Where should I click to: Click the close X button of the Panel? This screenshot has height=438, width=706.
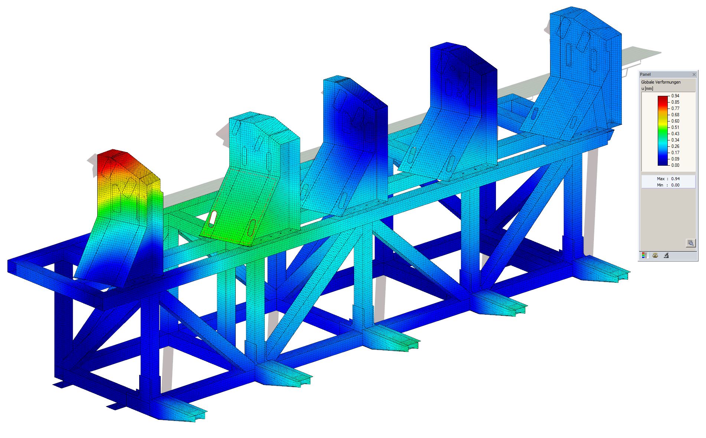click(694, 75)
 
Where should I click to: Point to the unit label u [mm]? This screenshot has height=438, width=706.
click(647, 88)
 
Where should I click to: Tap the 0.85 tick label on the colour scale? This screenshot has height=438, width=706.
click(675, 102)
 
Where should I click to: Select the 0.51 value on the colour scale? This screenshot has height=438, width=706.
click(675, 127)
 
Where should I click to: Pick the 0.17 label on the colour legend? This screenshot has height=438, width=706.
click(675, 153)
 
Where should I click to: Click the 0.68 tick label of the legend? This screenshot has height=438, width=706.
click(675, 115)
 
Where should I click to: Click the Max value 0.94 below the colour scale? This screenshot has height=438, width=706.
click(675, 179)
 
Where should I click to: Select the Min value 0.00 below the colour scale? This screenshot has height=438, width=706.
click(675, 185)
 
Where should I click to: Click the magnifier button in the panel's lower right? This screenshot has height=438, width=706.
click(690, 243)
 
